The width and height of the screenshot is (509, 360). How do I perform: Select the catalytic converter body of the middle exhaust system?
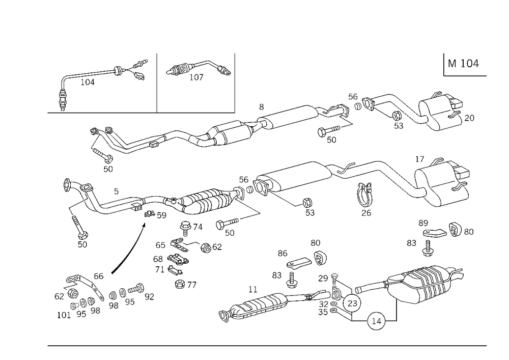204,201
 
